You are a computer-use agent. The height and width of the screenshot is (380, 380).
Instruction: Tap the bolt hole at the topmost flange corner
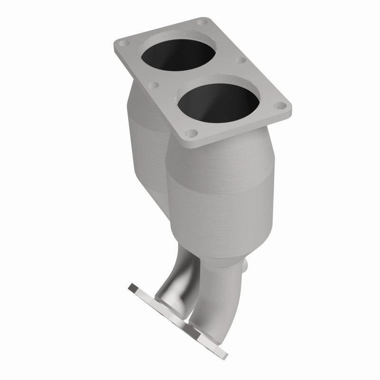(203, 22)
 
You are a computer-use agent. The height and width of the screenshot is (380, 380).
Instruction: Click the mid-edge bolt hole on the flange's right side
(240, 61)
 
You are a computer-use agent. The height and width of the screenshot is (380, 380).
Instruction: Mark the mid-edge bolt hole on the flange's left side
(152, 86)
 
